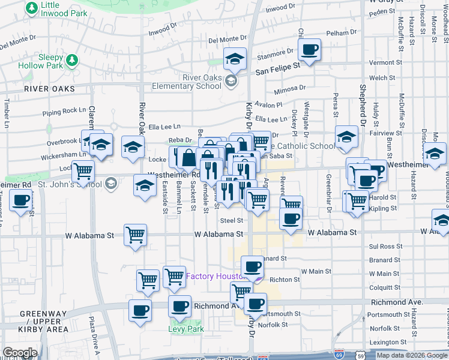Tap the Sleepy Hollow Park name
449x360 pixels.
(x=40, y=61)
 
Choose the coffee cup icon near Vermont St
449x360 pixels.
(x=310, y=50)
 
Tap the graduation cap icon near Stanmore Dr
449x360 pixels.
(x=235, y=59)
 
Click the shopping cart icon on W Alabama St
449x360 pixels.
(x=136, y=235)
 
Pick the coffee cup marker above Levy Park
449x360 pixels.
(x=179, y=307)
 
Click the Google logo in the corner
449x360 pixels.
(x=19, y=353)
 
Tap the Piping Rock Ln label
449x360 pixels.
(x=64, y=112)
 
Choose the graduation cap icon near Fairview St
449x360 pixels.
(x=346, y=137)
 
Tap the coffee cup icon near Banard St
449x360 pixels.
(x=252, y=266)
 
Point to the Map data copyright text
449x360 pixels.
(x=411, y=355)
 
